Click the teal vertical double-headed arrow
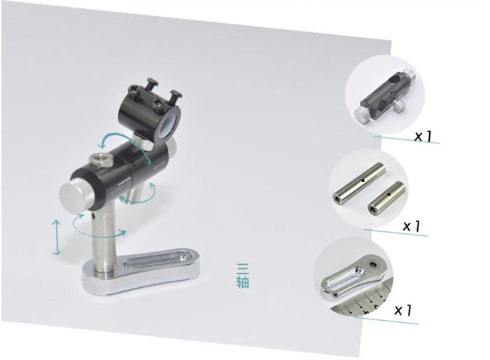pos(57,237)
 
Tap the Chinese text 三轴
pos(242,276)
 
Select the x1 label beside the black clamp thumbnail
pos(423,136)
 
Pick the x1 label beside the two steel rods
pos(412,226)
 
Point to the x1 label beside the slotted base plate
pos(403,310)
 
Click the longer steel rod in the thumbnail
pos(358,181)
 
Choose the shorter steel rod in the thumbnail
pos(386,198)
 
